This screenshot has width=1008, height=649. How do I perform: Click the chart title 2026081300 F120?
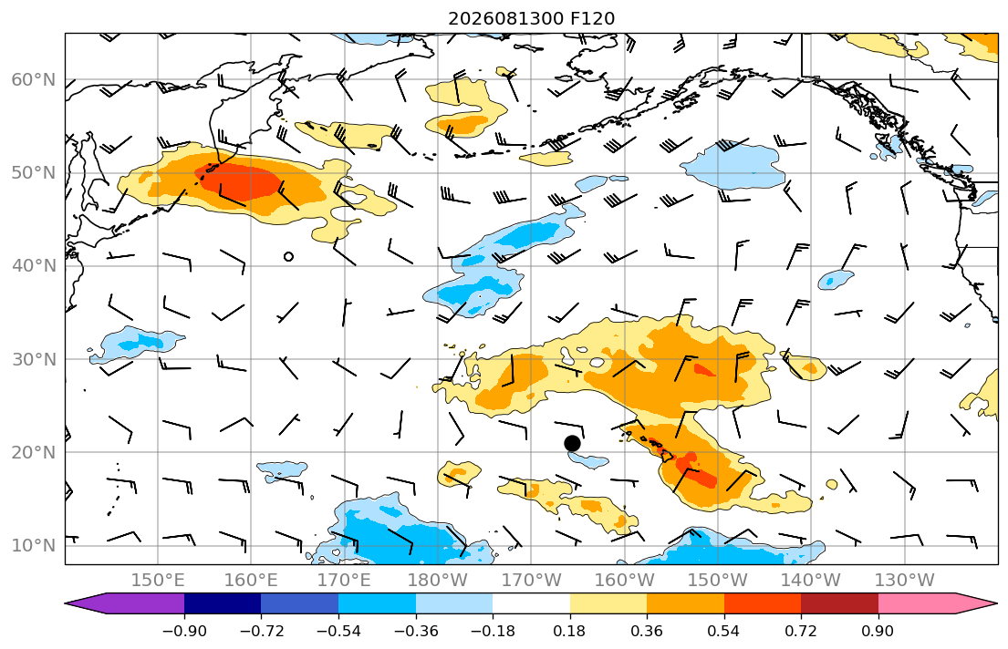coord(531,18)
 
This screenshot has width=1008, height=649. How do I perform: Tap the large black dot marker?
coord(572,443)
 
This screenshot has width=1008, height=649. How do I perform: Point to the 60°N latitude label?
coord(34,79)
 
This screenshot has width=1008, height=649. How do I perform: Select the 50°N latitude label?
coord(34,173)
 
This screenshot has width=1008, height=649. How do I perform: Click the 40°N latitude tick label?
coord(34,266)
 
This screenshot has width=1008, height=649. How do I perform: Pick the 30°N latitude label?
coord(34,359)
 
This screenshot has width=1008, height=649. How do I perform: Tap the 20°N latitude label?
coord(34,452)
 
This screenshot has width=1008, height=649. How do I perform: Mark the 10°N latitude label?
coord(34,546)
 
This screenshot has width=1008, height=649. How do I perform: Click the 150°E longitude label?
coord(158,581)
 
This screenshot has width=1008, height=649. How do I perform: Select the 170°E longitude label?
coord(345,581)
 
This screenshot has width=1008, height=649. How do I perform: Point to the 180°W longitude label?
coord(438,581)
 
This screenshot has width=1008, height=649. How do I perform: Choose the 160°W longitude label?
coord(625,581)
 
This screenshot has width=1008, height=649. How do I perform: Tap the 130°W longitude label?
coord(905,581)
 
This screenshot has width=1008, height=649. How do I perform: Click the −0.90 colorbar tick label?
coord(184,631)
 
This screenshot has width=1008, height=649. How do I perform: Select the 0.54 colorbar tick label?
coord(724,631)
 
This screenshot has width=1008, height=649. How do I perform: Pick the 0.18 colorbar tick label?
coord(569,631)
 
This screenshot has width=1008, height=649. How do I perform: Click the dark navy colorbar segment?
coord(223,603)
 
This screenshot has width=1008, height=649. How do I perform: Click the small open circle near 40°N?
coord(288,257)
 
